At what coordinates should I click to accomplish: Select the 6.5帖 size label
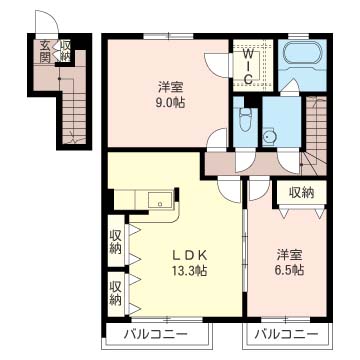click(x=291, y=269)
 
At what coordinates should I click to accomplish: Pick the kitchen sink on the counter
click(x=157, y=202)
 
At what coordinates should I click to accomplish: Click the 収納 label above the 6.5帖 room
click(x=302, y=192)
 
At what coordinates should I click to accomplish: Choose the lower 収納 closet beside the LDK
click(x=116, y=292)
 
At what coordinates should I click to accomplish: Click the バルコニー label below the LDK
click(x=157, y=333)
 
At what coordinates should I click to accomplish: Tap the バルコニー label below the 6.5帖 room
click(x=285, y=333)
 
